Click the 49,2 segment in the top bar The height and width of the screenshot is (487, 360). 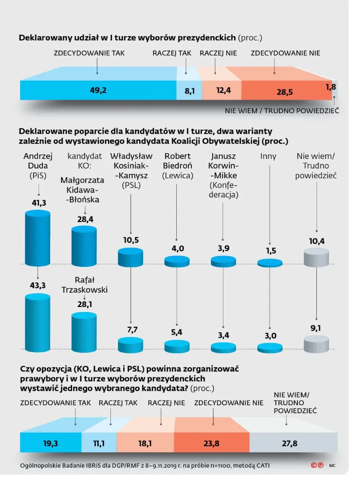pos(98,90)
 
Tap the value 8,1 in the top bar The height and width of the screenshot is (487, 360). pos(189,91)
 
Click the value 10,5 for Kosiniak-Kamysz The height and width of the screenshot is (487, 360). pos(131,240)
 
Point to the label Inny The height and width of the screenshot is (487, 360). pos(269,156)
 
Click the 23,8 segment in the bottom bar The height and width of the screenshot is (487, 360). pos(211,443)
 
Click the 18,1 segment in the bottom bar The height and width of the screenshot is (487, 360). pos(145,443)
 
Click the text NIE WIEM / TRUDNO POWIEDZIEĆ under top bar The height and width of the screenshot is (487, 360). pos(282,110)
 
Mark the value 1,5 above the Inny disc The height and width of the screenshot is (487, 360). pos(269,251)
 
